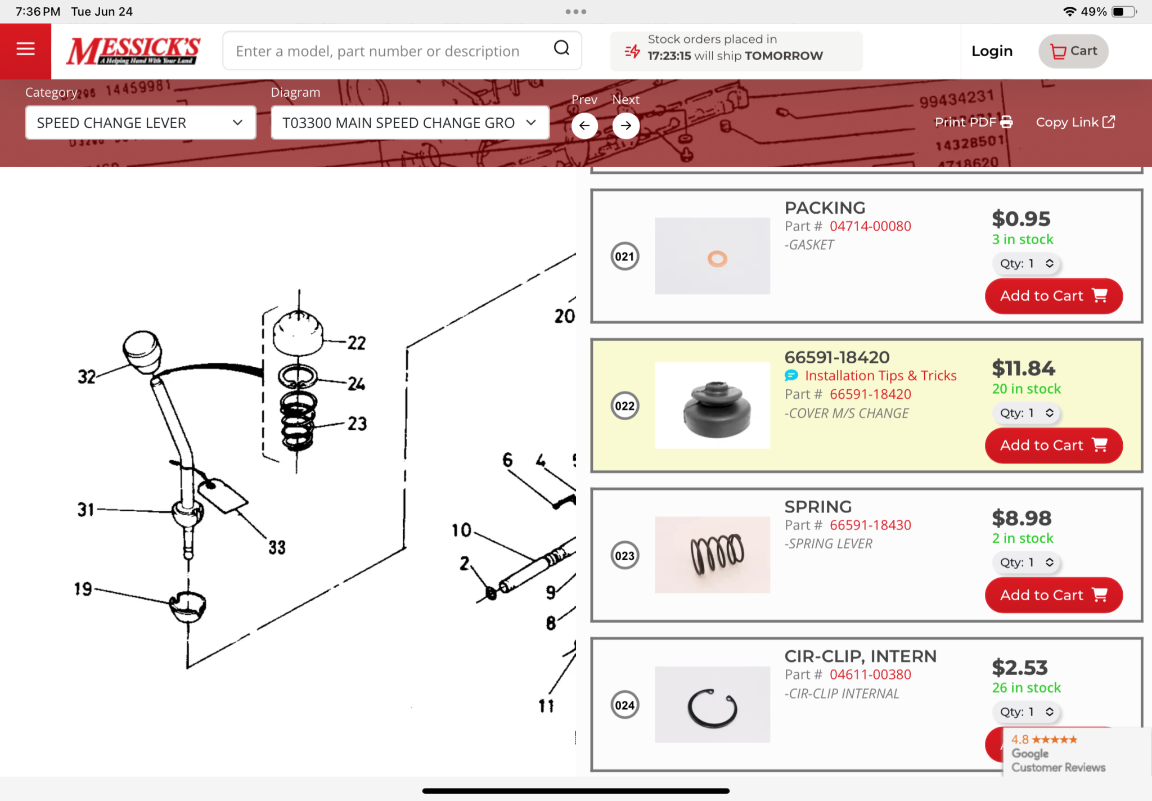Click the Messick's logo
click(x=133, y=51)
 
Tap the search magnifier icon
click(x=561, y=48)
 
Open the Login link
click(x=992, y=51)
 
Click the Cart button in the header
click(x=1073, y=51)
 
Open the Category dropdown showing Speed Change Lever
click(x=141, y=123)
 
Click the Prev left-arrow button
click(x=584, y=125)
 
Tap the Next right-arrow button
click(x=626, y=125)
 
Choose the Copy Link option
click(x=1075, y=122)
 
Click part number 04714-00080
click(x=870, y=226)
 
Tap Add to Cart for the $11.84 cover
click(x=1054, y=445)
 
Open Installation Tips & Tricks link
click(x=880, y=376)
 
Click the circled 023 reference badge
click(x=625, y=556)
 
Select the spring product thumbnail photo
click(x=713, y=555)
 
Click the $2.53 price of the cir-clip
click(x=1020, y=668)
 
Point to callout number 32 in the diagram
click(x=87, y=376)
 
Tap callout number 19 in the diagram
click(x=83, y=589)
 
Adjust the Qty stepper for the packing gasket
click(x=1025, y=263)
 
